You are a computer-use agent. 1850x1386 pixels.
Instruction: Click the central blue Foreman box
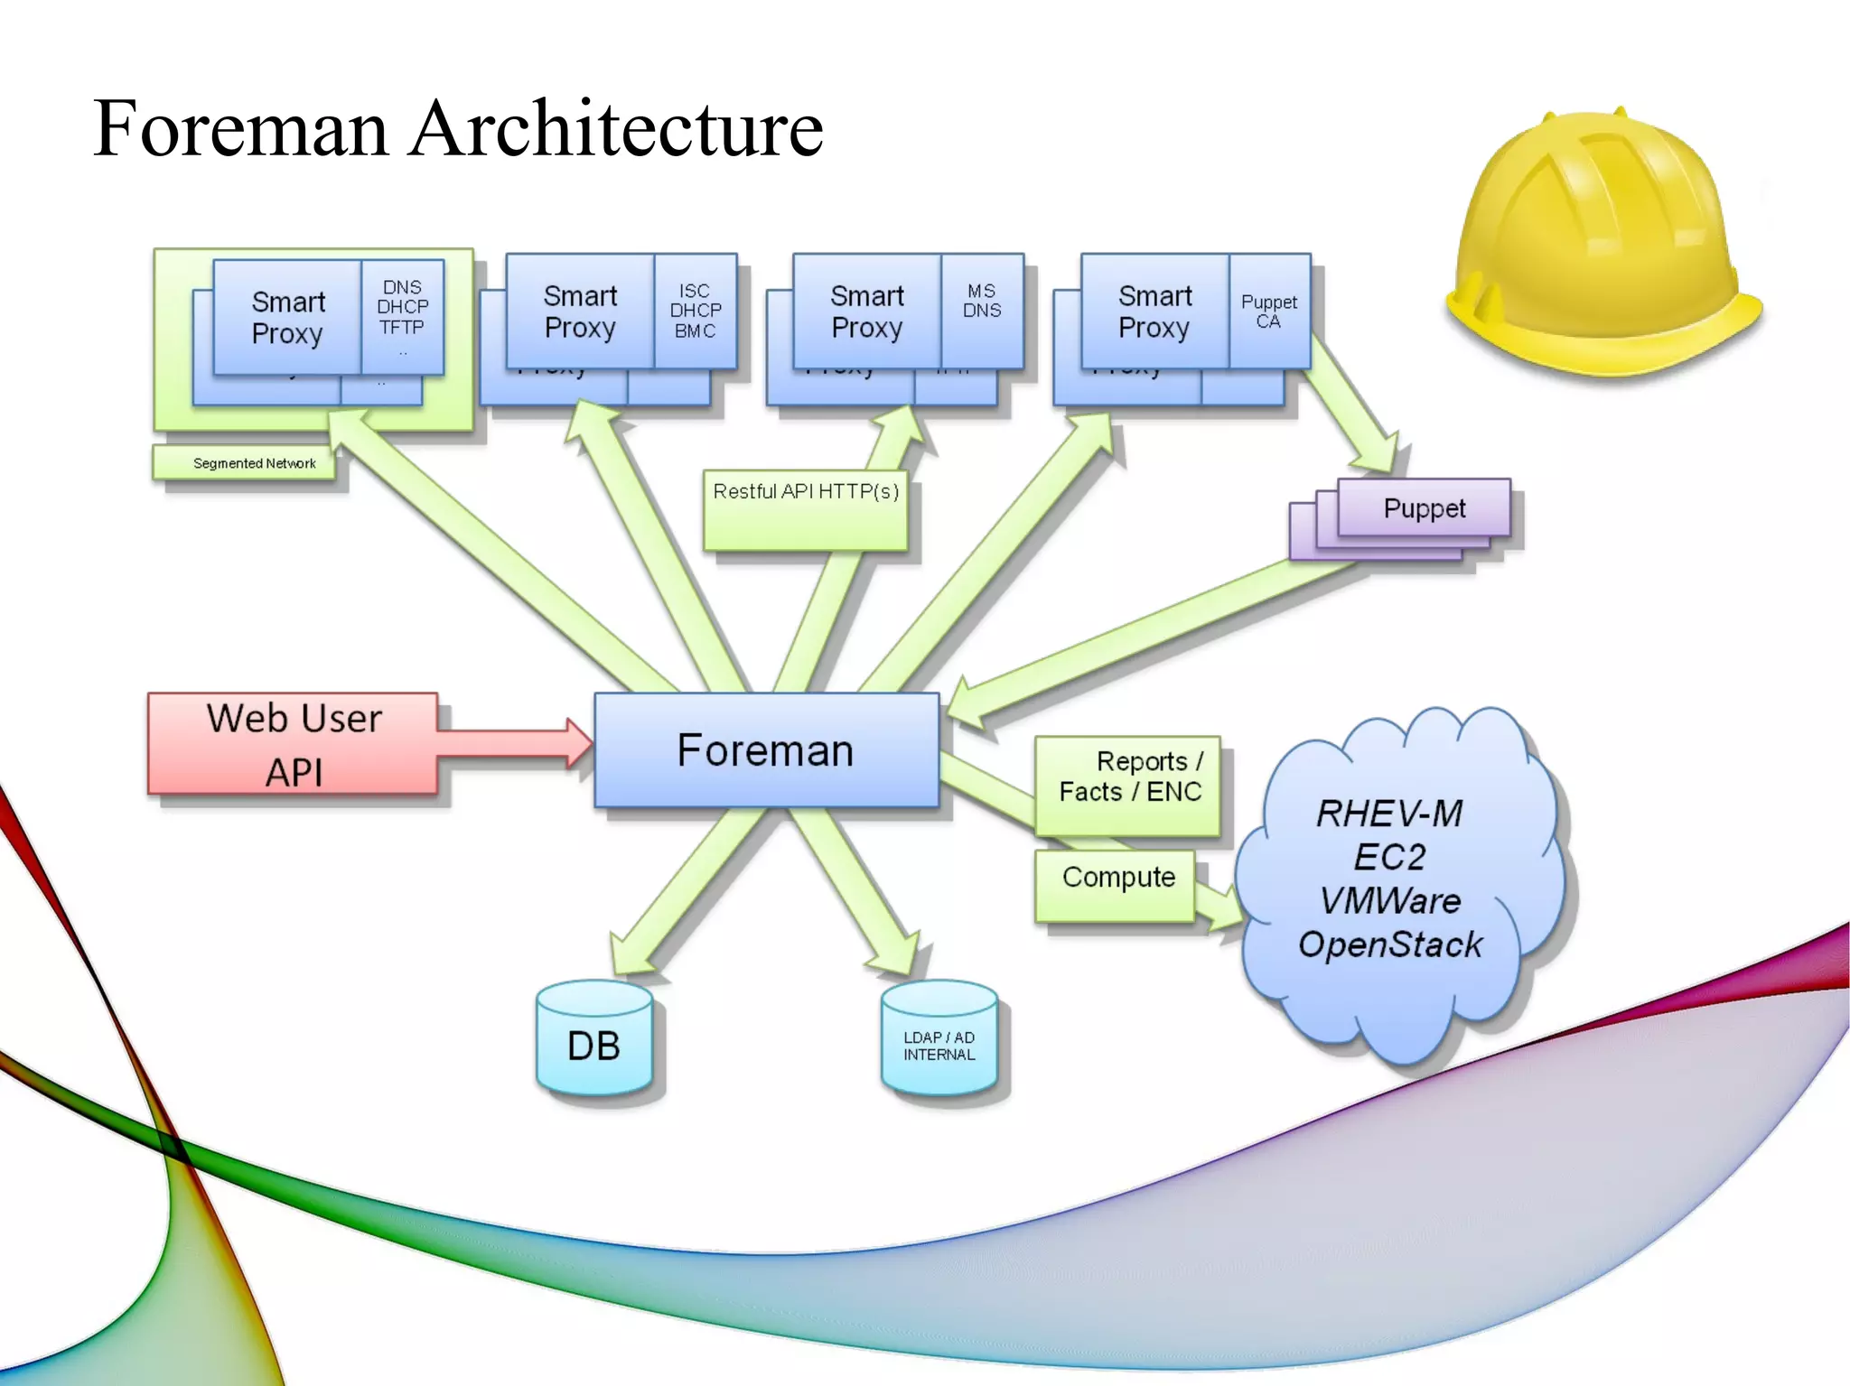click(x=766, y=750)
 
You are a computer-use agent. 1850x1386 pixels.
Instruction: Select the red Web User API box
click(x=294, y=744)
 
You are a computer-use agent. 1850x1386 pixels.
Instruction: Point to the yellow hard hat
click(x=1603, y=244)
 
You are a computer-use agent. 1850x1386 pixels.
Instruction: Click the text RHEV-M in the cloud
click(x=1388, y=814)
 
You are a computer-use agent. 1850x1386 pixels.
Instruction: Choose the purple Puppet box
click(x=1424, y=508)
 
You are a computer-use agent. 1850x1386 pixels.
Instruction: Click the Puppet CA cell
click(x=1268, y=312)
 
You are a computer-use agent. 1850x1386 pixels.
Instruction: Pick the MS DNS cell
click(x=981, y=302)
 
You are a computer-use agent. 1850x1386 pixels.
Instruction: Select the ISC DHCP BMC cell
click(x=695, y=311)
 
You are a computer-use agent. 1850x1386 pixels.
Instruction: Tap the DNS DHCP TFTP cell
click(x=402, y=308)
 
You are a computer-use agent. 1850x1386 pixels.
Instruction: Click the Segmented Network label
click(x=254, y=463)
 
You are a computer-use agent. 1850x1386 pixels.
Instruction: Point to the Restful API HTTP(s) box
click(x=806, y=509)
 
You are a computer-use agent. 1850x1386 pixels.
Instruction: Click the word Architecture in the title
click(x=616, y=128)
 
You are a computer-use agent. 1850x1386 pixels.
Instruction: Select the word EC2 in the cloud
click(x=1389, y=857)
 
